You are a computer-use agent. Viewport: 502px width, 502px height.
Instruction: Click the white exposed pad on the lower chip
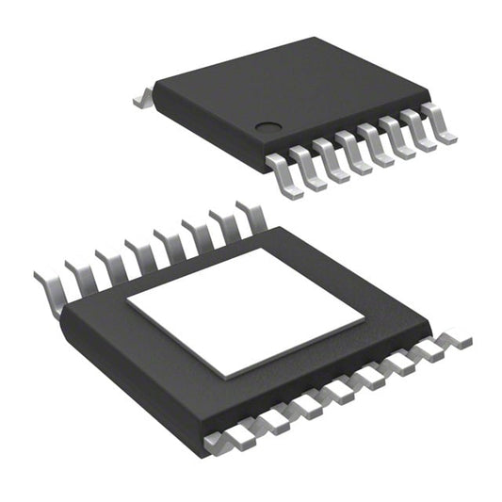246,312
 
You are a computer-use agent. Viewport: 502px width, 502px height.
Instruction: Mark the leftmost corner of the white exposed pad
128,304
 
